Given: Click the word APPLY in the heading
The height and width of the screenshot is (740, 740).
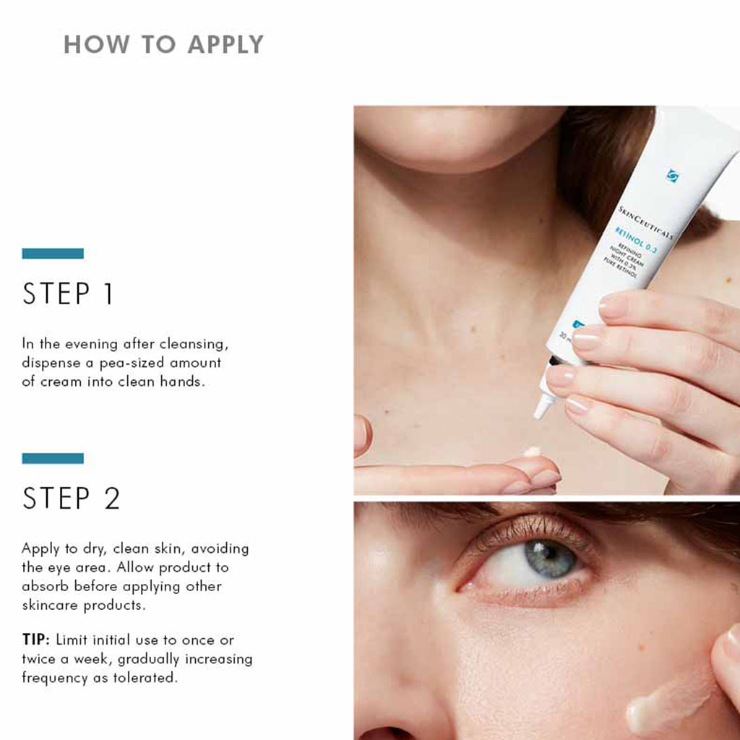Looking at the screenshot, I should click(225, 45).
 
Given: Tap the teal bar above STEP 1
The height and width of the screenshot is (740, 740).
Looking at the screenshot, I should click(53, 254).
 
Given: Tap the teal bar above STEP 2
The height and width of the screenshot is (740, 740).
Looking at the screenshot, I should click(53, 458).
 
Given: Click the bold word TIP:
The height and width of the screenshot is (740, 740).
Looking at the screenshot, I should click(35, 640).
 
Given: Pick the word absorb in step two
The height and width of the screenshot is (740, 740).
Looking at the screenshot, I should click(43, 586).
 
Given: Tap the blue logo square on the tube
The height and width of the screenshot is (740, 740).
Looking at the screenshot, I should click(672, 176).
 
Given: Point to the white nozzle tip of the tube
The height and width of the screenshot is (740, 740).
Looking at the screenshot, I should click(540, 410).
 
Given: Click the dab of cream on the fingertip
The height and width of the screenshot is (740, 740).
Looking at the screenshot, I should click(533, 452).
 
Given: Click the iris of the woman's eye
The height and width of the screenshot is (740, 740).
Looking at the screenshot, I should click(551, 558).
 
